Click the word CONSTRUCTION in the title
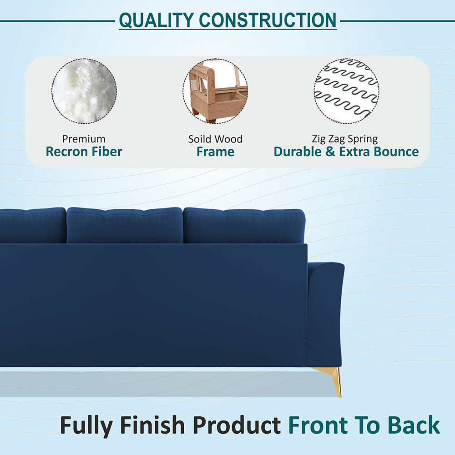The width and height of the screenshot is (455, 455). (x=268, y=20)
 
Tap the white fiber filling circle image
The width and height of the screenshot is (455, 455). (x=84, y=91)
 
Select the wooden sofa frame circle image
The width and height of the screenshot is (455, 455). (x=216, y=91)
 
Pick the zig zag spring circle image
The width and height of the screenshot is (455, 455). (x=346, y=91)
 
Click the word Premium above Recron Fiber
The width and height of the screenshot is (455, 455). (x=84, y=139)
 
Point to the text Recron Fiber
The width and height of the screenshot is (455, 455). (x=84, y=152)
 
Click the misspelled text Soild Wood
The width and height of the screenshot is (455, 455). (x=215, y=139)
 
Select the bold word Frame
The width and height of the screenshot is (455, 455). (x=215, y=152)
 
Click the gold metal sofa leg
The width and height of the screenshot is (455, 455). (x=335, y=379)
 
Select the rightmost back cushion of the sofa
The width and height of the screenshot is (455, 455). (x=244, y=225)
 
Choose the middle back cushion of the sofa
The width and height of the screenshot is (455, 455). (x=125, y=225)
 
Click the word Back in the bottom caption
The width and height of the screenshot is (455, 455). (x=414, y=425)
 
